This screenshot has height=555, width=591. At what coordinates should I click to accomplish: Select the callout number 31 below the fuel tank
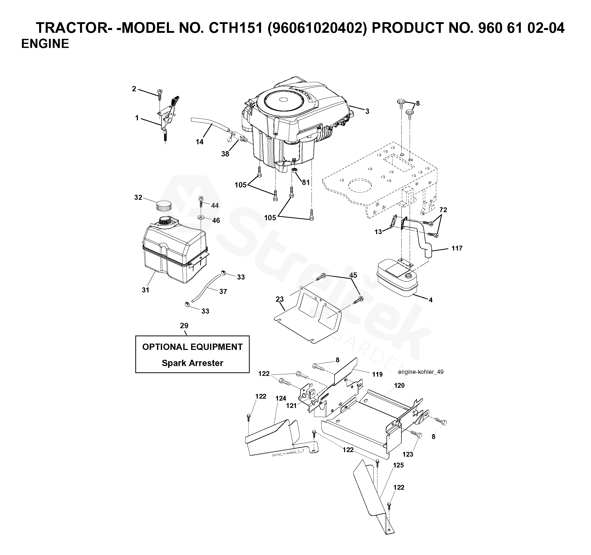pyautogui.click(x=145, y=290)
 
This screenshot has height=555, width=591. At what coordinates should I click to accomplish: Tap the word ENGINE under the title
pyautogui.click(x=45, y=44)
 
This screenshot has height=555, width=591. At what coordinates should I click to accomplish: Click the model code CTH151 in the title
pyautogui.click(x=236, y=28)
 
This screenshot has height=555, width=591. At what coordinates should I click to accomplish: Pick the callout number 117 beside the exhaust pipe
pyautogui.click(x=457, y=248)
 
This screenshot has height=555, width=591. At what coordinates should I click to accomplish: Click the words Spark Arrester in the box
pyautogui.click(x=192, y=363)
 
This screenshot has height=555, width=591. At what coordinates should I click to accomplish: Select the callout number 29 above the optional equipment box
pyautogui.click(x=184, y=326)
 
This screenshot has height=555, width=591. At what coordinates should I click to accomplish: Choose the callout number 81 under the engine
pyautogui.click(x=306, y=182)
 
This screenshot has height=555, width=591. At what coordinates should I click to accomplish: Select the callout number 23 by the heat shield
pyautogui.click(x=279, y=299)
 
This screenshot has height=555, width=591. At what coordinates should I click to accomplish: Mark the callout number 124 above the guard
pyautogui.click(x=281, y=398)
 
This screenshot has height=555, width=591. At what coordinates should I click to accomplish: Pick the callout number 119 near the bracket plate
pyautogui.click(x=377, y=374)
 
